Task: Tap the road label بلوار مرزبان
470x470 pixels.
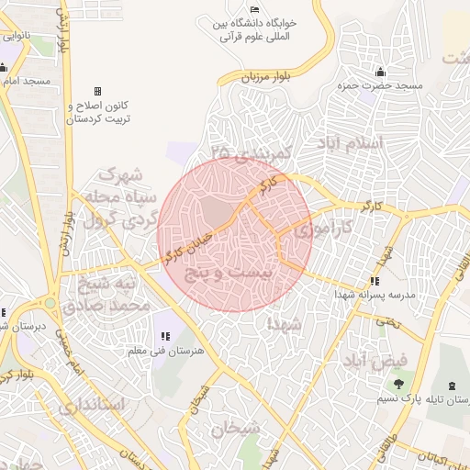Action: (266, 76)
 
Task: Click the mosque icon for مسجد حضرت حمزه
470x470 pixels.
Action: (379, 73)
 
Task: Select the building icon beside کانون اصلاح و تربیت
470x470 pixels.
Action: (98, 92)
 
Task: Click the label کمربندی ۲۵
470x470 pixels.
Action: (251, 150)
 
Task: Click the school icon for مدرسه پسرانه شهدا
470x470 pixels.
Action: (375, 282)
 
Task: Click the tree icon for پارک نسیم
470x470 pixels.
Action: (398, 385)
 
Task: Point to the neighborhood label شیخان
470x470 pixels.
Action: (236, 428)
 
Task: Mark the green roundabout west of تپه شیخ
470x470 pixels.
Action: (50, 303)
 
